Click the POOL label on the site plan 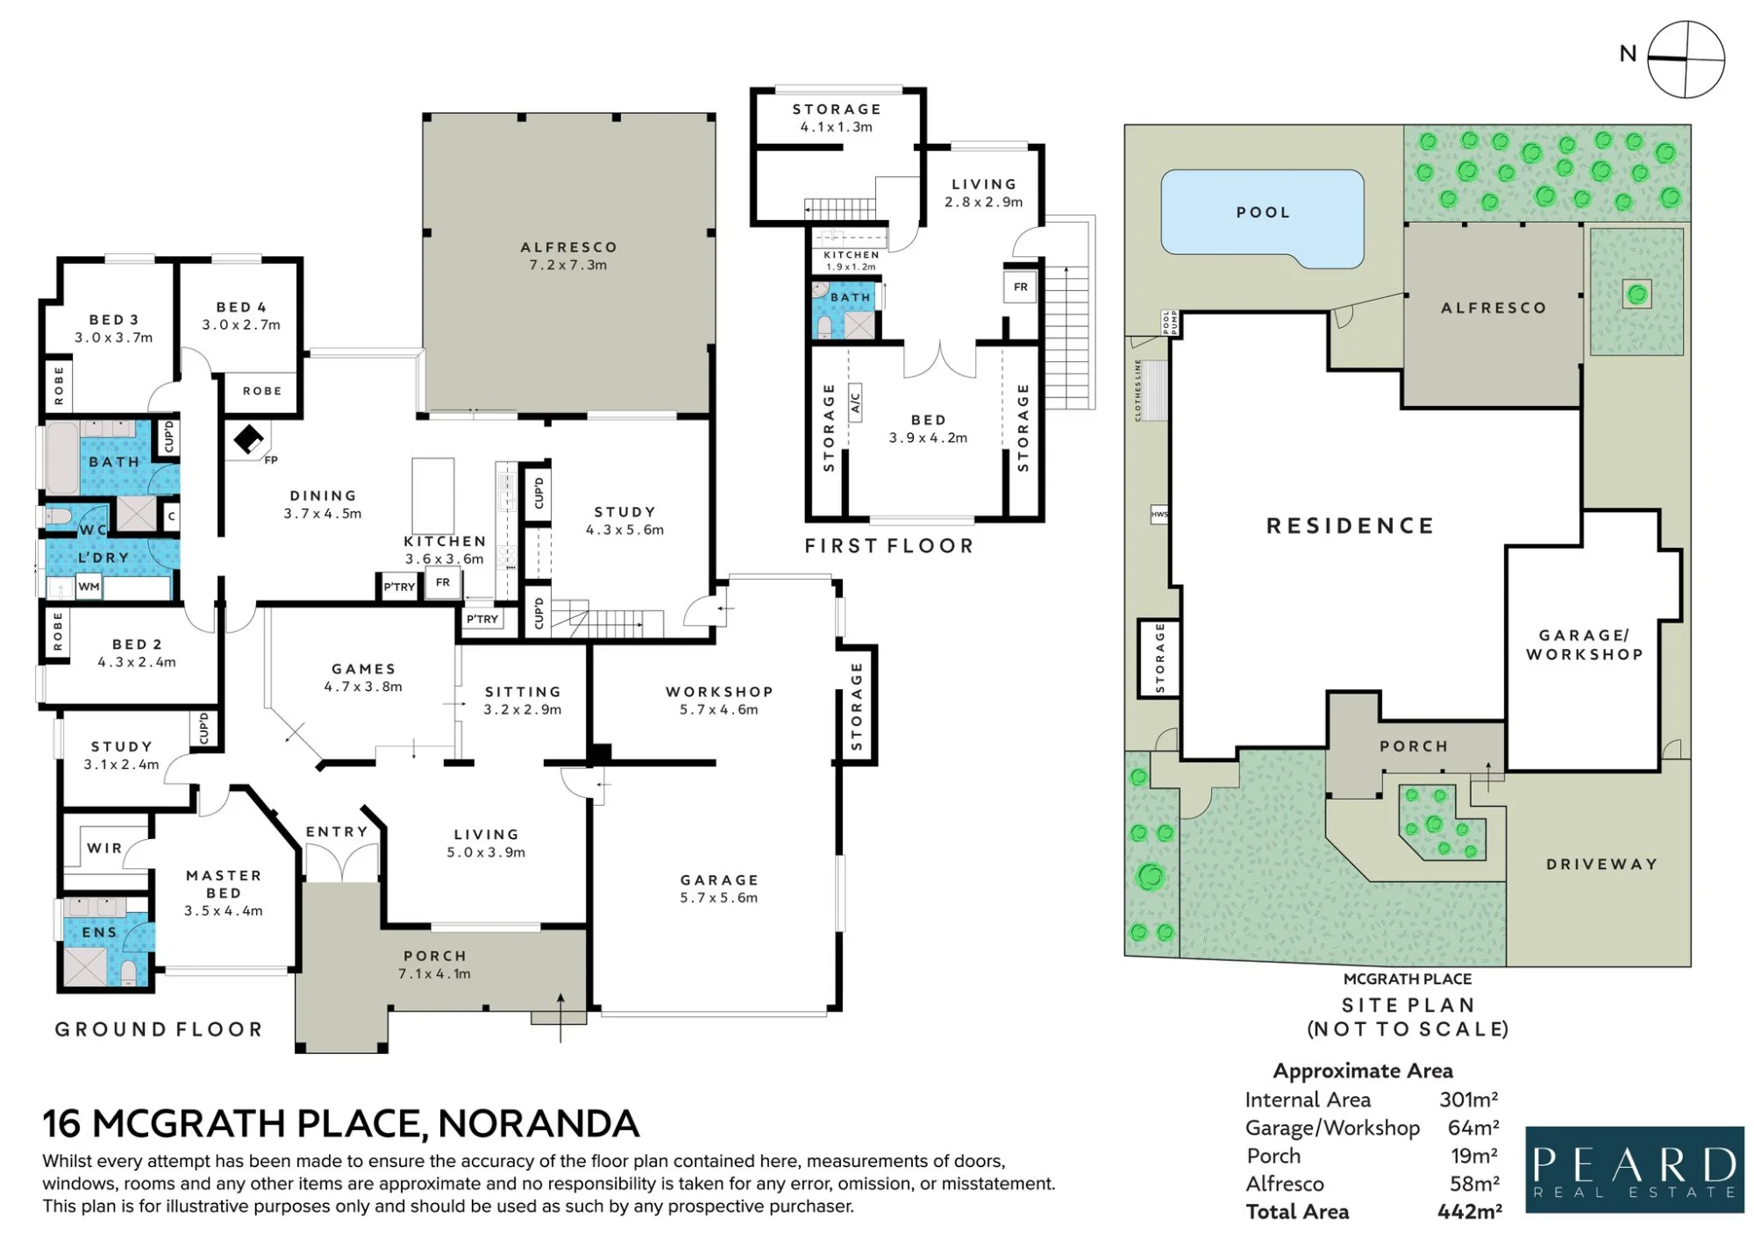click(1263, 212)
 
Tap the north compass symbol click(1686, 60)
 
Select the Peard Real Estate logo click(1635, 1170)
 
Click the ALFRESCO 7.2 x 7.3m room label click(568, 256)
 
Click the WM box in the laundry click(89, 587)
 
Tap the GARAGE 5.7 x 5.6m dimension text click(719, 898)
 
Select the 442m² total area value click(1469, 1212)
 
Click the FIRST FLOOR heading click(889, 546)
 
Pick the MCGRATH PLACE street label click(1408, 979)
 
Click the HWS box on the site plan click(1159, 515)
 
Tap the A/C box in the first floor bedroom click(855, 402)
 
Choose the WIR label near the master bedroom click(104, 848)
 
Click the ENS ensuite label click(99, 932)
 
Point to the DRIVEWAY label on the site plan click(1601, 865)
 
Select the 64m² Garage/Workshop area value click(1473, 1128)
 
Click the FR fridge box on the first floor click(1021, 288)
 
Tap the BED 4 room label click(241, 308)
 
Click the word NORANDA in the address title click(538, 1123)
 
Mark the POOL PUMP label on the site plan click(1170, 323)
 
